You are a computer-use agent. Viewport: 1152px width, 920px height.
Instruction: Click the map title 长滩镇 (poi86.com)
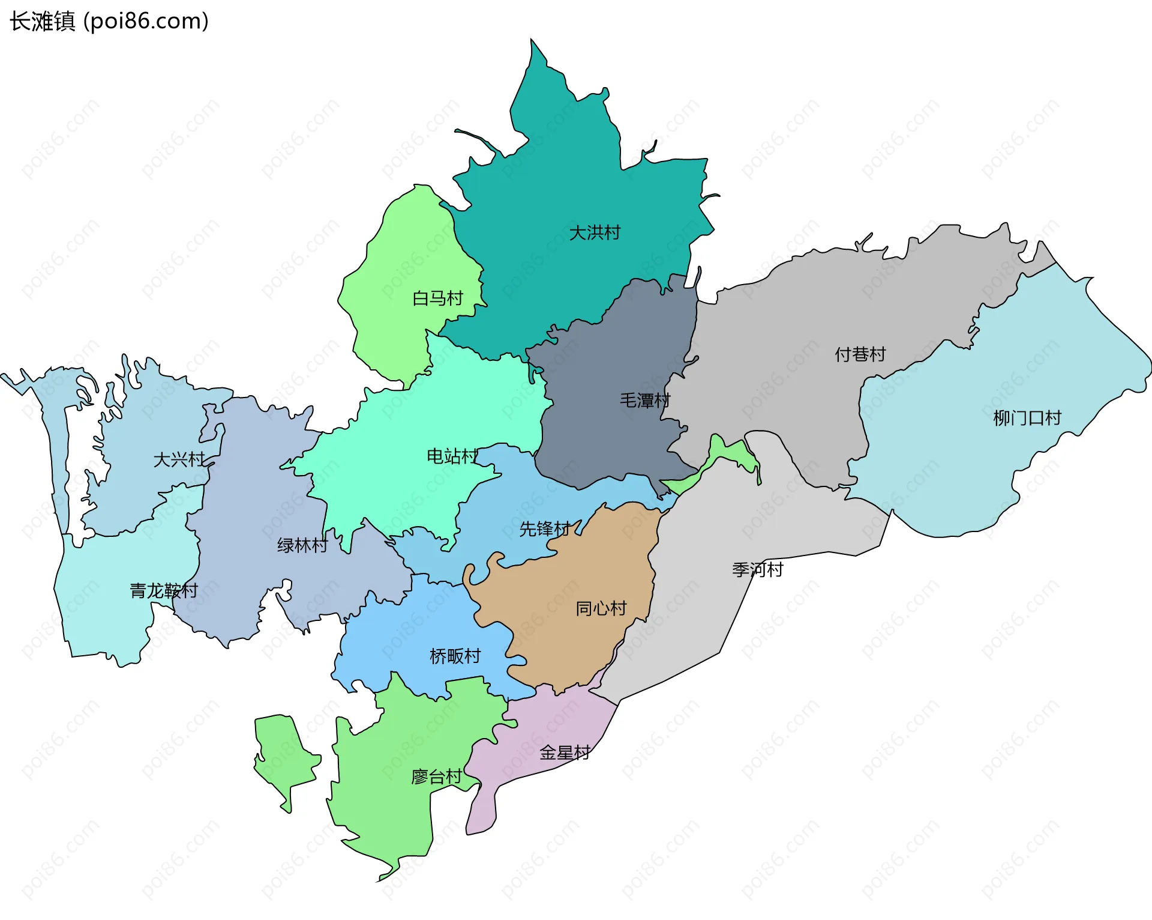[x=109, y=22]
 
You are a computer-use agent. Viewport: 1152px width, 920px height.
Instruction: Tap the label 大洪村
[x=595, y=232]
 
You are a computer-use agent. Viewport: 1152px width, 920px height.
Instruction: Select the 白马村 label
[x=438, y=298]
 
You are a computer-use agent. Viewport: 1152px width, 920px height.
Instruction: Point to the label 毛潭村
[x=645, y=400]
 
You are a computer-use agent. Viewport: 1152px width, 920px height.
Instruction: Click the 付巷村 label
[x=860, y=354]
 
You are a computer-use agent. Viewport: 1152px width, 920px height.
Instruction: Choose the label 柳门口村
[x=1027, y=418]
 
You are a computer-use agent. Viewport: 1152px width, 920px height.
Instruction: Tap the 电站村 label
[x=452, y=456]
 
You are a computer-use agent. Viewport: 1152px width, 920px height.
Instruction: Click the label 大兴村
[x=179, y=459]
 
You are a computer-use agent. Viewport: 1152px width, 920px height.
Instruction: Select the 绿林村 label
[x=302, y=545]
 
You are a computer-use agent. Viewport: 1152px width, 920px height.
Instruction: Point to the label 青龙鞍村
[x=164, y=590]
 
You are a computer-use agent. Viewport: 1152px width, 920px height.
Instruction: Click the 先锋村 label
[x=545, y=529]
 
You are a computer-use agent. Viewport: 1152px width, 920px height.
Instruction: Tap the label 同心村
[x=601, y=608]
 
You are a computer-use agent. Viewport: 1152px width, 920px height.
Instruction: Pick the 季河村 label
[x=758, y=569]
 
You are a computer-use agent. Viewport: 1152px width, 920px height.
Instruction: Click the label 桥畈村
[x=455, y=656]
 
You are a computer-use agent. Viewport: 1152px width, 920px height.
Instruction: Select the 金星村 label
[x=565, y=752]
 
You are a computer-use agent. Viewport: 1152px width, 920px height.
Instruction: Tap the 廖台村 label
[x=436, y=777]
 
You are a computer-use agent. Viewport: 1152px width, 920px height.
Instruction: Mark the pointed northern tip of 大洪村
[x=532, y=43]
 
